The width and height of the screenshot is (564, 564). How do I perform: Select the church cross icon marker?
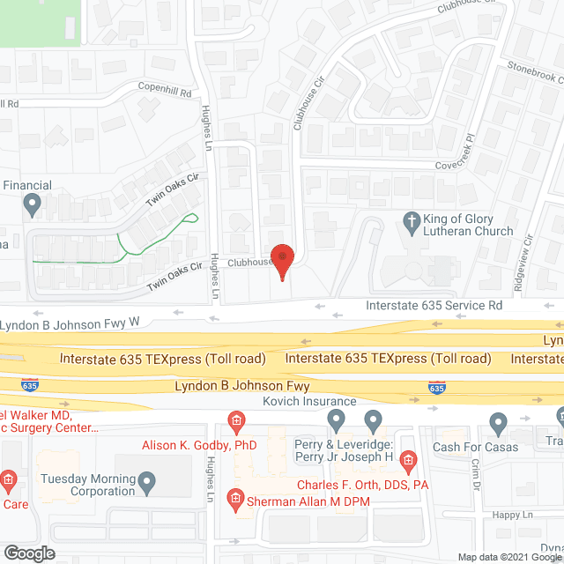coord(411,219)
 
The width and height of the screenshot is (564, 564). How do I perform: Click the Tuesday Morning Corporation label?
coord(88,485)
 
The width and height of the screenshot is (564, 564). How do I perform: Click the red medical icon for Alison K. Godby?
coord(235,419)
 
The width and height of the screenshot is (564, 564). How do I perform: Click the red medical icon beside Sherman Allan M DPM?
coord(235,500)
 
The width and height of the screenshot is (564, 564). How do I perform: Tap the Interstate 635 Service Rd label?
coord(434,305)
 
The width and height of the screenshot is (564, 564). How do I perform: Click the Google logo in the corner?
coord(28,553)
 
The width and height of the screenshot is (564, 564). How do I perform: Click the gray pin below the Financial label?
coord(33,206)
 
